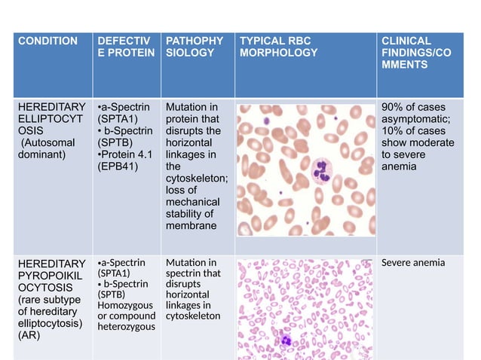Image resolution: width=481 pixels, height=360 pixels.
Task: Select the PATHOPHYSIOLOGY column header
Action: pos(194,46)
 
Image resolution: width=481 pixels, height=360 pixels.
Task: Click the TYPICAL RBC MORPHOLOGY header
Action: pos(278,46)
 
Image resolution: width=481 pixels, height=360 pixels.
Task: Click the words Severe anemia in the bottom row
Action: pos(413,263)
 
